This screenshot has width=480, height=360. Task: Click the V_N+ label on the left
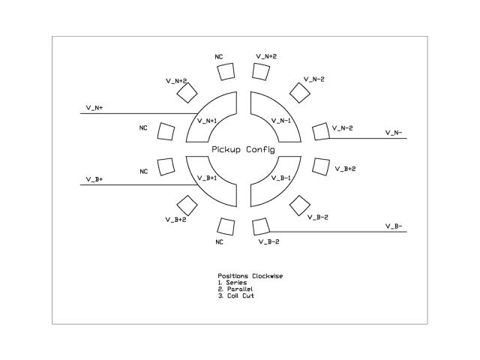(x=94, y=108)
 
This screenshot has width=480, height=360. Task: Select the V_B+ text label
(x=94, y=179)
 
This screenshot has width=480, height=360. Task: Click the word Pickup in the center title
(x=226, y=150)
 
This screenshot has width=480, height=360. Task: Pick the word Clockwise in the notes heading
(x=265, y=276)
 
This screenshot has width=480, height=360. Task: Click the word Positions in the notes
(x=232, y=276)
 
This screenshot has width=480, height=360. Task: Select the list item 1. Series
(x=232, y=282)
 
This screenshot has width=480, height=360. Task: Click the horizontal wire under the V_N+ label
(x=135, y=114)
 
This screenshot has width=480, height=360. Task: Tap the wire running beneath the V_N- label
(x=367, y=139)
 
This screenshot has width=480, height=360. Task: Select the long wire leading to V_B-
(x=337, y=232)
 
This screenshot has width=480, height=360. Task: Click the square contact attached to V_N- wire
(x=320, y=131)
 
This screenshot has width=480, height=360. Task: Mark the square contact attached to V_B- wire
(x=260, y=226)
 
